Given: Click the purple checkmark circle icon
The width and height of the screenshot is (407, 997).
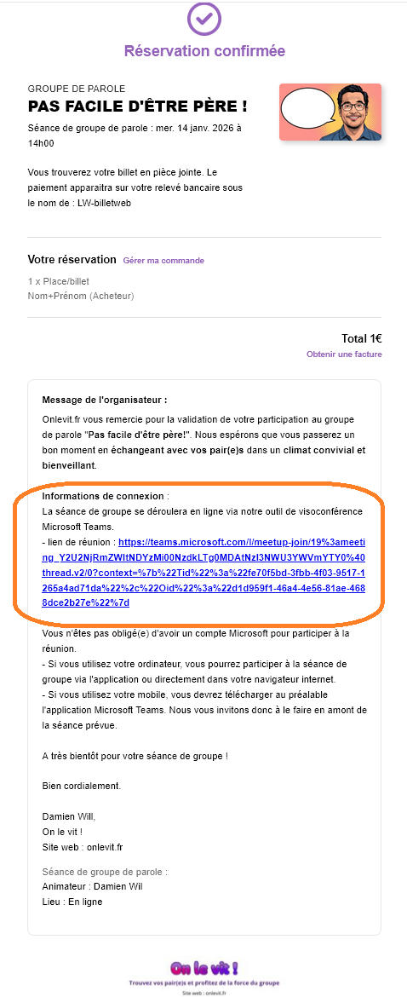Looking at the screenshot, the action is click(x=203, y=18).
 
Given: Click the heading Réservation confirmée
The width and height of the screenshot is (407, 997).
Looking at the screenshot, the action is click(x=204, y=51).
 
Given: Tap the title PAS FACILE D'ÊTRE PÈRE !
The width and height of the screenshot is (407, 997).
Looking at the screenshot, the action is click(x=138, y=106).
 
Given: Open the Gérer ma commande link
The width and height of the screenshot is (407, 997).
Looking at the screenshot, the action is click(x=163, y=261).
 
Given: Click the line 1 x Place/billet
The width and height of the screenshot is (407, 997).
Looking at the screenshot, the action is click(x=58, y=281).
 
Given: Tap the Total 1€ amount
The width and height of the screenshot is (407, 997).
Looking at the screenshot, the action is click(x=361, y=337).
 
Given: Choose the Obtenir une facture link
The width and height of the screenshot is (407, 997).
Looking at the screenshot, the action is click(x=344, y=354).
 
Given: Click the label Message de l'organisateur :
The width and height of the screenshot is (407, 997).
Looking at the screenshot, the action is click(x=105, y=399).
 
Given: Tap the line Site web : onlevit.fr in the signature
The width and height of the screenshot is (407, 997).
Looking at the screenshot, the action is click(x=83, y=847).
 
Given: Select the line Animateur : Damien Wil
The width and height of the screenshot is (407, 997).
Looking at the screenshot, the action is click(x=92, y=886).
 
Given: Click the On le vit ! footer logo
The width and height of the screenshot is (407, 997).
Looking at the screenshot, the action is click(x=203, y=968).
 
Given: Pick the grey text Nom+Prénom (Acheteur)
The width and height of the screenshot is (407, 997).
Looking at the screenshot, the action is click(x=81, y=296).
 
